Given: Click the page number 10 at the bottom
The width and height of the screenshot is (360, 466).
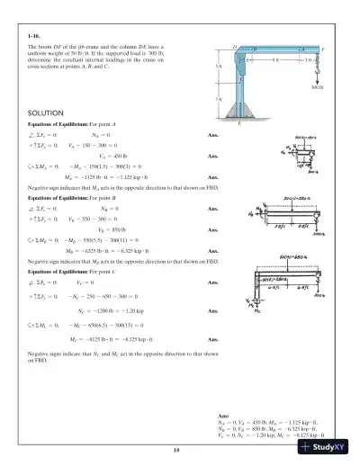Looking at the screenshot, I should tap(180, 446).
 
